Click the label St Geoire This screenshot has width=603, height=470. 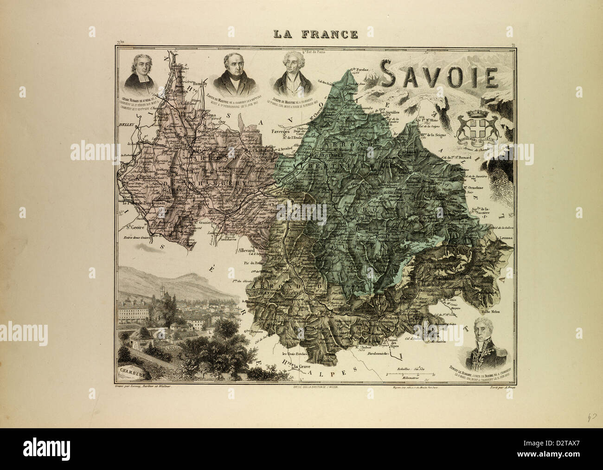coord(132,228)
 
